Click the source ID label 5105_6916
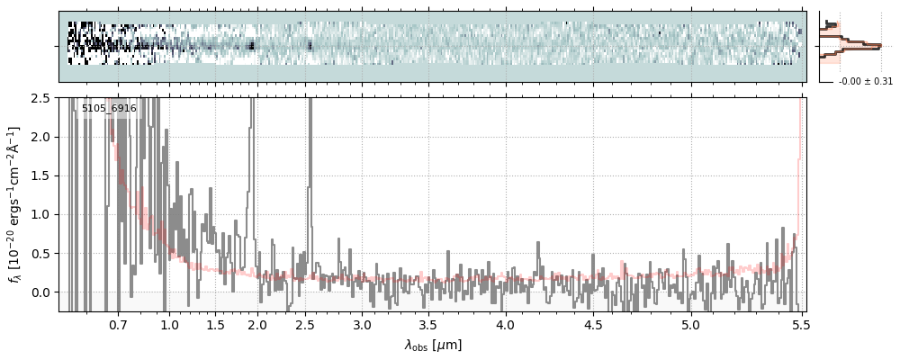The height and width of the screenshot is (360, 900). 109,109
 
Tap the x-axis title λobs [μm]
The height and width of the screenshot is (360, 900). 433,345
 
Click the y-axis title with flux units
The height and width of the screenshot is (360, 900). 15,204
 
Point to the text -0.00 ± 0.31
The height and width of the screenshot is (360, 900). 865,82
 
